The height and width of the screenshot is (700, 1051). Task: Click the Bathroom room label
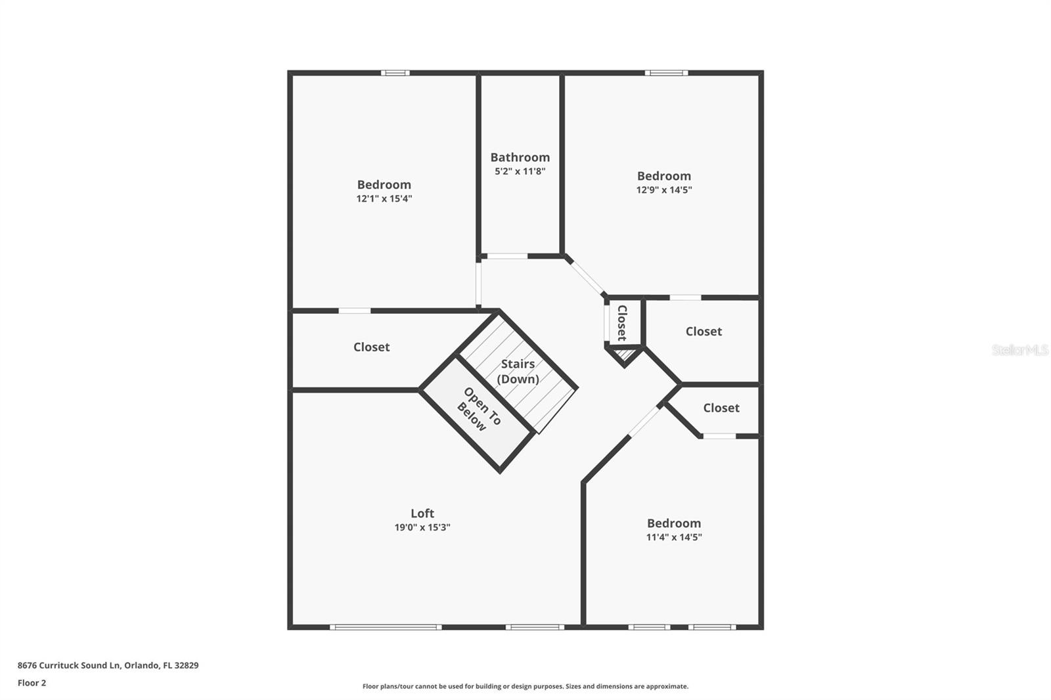pos(520,157)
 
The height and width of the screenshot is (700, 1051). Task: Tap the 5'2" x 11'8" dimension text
pos(520,171)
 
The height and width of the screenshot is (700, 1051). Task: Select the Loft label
pos(422,514)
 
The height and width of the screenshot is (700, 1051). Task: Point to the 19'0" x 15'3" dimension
pos(422,527)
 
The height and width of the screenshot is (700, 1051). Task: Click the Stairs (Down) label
pos(518,371)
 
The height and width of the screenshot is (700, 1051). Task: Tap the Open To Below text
pos(479,410)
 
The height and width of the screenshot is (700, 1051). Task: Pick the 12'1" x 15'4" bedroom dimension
pos(384,198)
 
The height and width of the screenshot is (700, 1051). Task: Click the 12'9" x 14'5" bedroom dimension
pos(664,190)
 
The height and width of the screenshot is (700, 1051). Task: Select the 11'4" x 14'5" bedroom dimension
pos(674,537)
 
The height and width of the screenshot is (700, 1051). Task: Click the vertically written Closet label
pos(622,322)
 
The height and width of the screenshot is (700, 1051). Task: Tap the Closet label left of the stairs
pos(371,347)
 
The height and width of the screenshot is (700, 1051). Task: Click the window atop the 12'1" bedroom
pos(395,73)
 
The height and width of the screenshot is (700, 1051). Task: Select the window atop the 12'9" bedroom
pos(666,73)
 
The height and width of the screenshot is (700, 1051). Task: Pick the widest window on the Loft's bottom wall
pos(386,627)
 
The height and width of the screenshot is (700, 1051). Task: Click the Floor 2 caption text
pos(32,683)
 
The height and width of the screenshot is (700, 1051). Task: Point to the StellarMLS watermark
pos(1019,350)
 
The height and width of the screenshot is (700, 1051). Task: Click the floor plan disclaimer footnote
pos(525,686)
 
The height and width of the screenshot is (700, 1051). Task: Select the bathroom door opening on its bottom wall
pos(507,256)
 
